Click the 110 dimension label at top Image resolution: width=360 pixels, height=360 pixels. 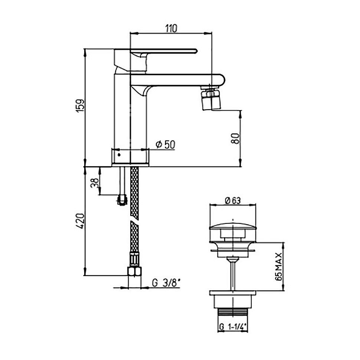(171, 28)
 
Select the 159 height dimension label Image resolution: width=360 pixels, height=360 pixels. (81, 106)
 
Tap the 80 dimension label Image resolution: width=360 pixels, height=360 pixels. (235, 138)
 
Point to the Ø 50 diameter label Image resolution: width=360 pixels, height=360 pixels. (165, 145)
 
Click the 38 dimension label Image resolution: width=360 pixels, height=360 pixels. (95, 183)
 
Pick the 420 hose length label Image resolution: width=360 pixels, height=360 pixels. (81, 221)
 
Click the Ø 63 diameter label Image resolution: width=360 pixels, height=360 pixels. (233, 201)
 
